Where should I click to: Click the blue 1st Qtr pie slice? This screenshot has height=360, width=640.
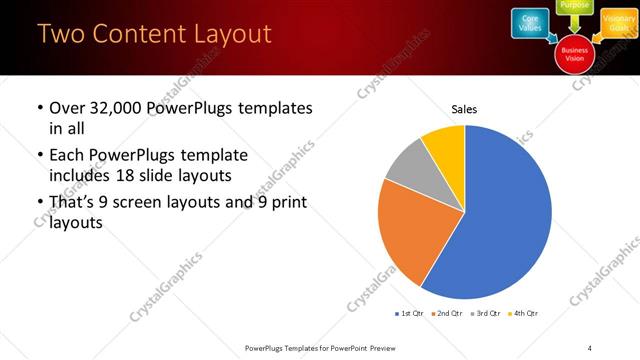click(510, 220)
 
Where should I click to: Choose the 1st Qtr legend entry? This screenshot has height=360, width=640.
click(410, 314)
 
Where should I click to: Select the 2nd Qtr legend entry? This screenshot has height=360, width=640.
click(448, 314)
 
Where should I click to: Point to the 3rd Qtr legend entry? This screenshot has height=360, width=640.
click(487, 314)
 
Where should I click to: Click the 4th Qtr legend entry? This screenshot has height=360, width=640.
click(525, 314)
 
